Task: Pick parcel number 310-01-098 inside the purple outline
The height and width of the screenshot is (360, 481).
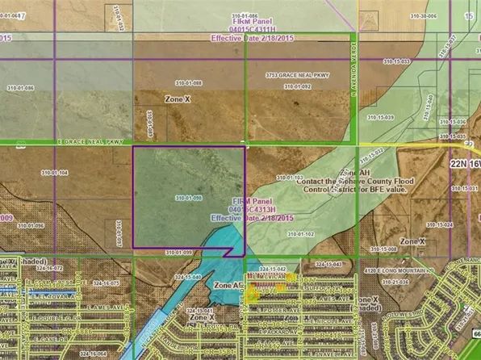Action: (x=187, y=198)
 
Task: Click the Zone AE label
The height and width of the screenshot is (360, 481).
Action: (x=228, y=286)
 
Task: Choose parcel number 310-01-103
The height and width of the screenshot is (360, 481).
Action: (x=289, y=178)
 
